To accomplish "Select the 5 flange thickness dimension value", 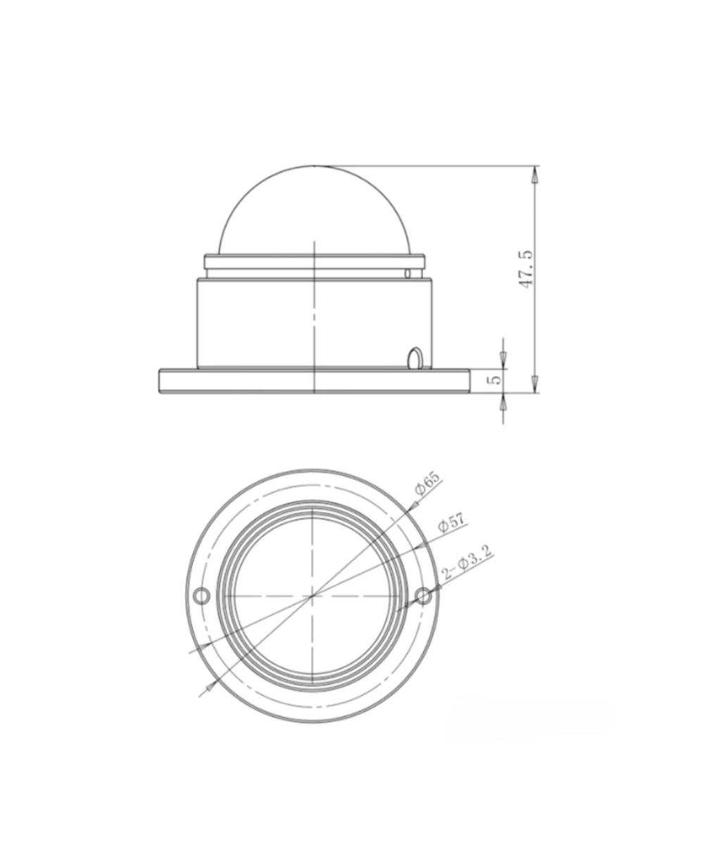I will coord(496,379).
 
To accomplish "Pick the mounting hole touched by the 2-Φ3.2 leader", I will coord(422,596).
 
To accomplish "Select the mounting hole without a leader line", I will coord(202,596).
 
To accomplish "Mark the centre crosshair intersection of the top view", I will coord(312,596).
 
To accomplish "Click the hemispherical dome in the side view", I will coord(314,211).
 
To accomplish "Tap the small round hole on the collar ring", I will coord(408,273).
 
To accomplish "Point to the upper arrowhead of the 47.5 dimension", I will coord(535,175).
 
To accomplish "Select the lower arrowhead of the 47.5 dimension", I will coord(535,384).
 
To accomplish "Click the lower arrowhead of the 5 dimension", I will coord(503,400).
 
